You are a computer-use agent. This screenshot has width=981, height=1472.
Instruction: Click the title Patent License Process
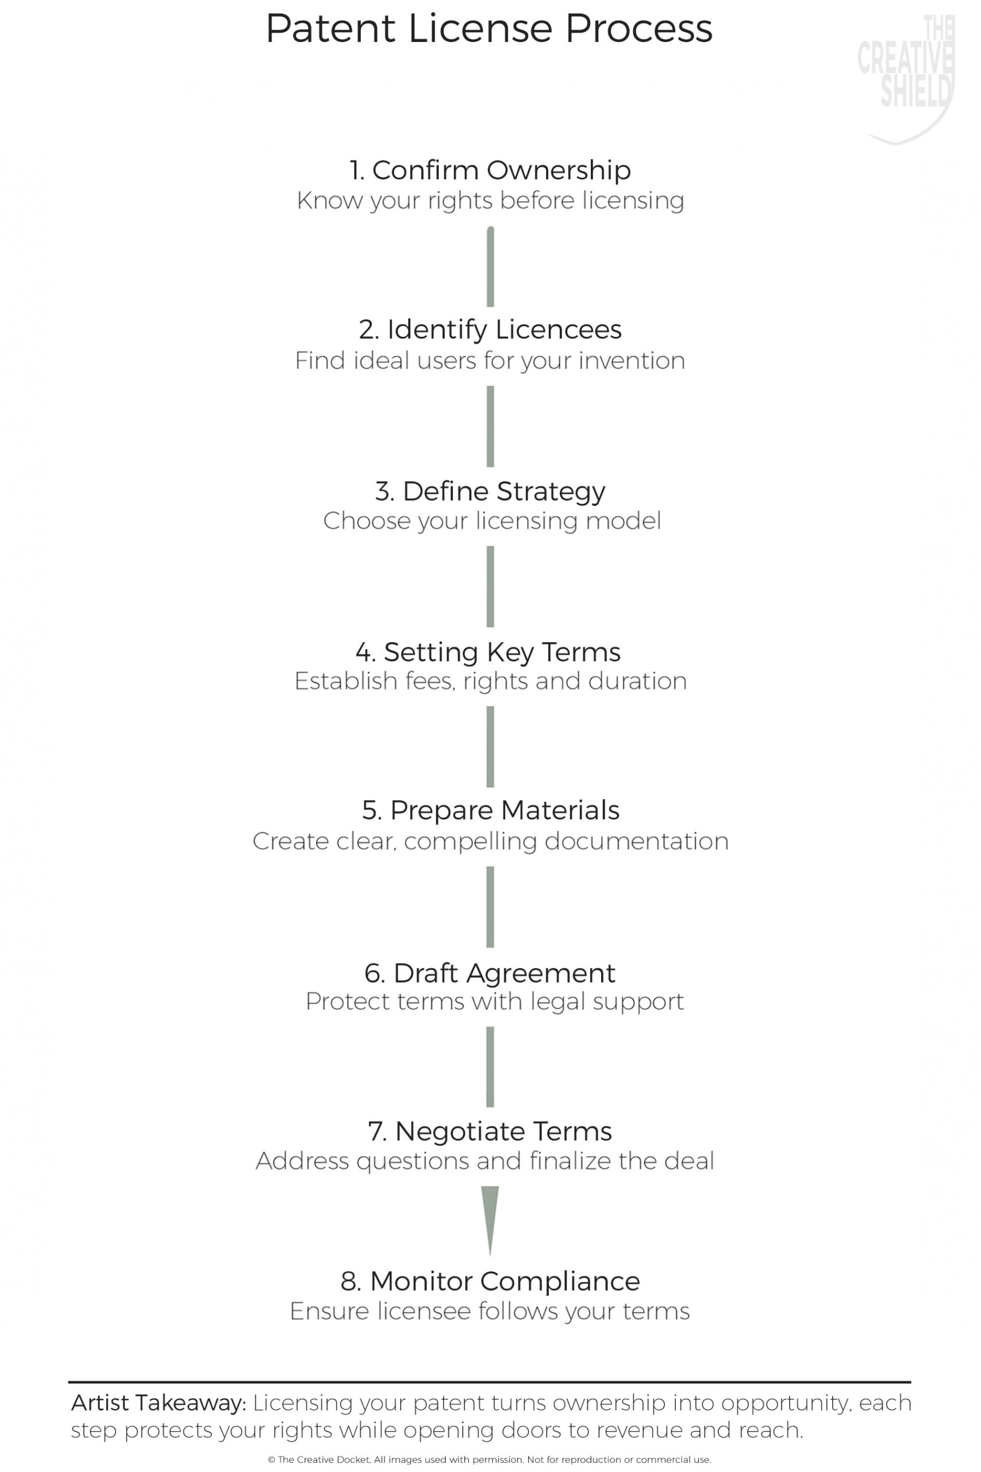click(489, 29)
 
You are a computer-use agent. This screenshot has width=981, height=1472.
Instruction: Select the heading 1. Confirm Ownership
click(490, 170)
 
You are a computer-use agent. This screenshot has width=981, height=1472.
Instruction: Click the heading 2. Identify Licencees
click(490, 330)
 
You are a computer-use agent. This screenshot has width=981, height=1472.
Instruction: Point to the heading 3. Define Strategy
click(490, 491)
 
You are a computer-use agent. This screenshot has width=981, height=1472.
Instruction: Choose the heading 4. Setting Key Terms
click(488, 651)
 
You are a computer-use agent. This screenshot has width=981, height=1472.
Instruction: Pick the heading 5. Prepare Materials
click(491, 811)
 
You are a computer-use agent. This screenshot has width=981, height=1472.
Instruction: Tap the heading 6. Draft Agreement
click(490, 973)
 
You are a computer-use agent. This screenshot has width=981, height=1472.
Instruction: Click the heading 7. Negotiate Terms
click(490, 1132)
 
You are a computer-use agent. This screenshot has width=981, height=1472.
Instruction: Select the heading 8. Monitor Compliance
click(490, 1282)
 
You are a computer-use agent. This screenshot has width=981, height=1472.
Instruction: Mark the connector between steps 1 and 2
click(491, 267)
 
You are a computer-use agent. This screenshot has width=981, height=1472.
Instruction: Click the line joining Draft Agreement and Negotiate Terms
click(490, 1067)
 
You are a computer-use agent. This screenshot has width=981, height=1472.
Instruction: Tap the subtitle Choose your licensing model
click(492, 522)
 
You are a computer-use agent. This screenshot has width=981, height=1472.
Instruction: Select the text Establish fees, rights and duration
click(491, 681)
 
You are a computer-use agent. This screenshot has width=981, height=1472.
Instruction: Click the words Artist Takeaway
click(159, 1404)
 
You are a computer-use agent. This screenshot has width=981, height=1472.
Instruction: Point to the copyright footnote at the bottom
click(490, 1459)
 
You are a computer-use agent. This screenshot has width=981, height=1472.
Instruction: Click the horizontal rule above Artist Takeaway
click(490, 1382)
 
